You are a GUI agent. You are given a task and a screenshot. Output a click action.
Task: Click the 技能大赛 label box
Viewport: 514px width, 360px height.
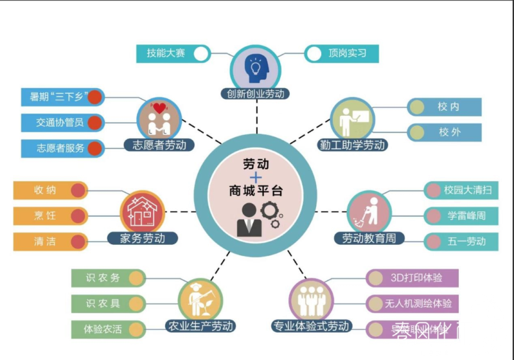click(166, 53)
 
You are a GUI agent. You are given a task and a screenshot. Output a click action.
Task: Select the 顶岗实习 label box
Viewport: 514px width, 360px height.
click(346, 53)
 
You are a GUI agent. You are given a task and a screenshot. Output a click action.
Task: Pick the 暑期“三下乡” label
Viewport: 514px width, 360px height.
click(55, 97)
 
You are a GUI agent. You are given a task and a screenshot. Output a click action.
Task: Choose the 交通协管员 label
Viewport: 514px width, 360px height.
click(55, 122)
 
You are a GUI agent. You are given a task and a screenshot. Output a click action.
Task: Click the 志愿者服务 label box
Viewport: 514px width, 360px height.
click(55, 148)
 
